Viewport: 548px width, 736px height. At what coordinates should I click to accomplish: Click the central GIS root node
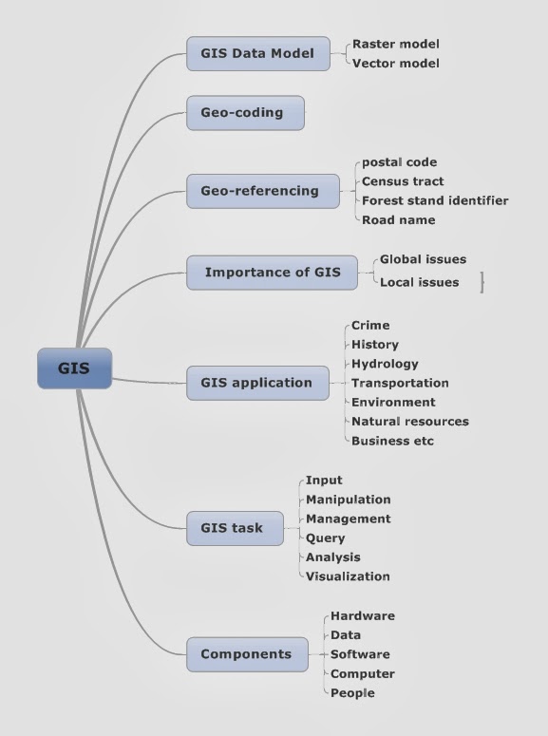pos(74,368)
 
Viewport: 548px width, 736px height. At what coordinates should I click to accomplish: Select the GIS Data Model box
pos(257,53)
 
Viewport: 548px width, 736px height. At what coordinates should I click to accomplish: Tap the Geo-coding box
pos(245,113)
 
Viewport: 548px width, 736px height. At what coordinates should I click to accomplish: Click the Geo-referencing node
pos(262,191)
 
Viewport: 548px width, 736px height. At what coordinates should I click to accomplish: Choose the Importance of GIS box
pos(272,273)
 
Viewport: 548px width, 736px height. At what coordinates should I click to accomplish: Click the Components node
pos(247,654)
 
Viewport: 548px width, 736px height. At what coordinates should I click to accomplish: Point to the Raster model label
pos(395,44)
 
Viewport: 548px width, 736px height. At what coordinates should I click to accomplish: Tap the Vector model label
pos(395,64)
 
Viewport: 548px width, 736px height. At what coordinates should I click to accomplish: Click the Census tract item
pos(403,181)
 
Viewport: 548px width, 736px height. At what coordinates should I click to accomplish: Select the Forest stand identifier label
pos(434,200)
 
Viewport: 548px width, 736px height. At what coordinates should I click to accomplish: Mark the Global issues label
pos(423,259)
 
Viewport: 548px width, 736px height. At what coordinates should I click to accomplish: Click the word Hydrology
pos(385,364)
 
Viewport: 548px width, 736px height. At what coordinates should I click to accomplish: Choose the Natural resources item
pos(409,421)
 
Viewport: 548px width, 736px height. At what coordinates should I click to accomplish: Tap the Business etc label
pos(392,441)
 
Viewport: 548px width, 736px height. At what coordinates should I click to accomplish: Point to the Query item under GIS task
pos(326,538)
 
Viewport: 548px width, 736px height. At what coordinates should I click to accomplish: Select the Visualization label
pos(348,576)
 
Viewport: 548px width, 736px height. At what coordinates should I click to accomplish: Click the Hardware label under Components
pos(362,616)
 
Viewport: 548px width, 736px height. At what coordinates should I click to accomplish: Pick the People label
pos(352,693)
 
